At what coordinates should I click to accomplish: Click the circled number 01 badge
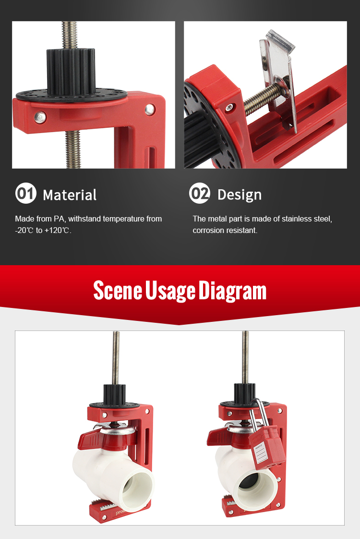[26, 193]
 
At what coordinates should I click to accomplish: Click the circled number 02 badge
[200, 193]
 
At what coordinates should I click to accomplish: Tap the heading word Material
[70, 195]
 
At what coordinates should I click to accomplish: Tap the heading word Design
[240, 195]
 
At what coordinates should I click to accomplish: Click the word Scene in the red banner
[118, 291]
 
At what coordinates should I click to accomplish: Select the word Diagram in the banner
[232, 291]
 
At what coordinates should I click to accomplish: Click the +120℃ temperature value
[58, 230]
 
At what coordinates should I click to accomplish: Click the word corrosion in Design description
[208, 230]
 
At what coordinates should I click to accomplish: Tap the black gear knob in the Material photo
[71, 72]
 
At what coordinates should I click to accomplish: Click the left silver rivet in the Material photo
[40, 117]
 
